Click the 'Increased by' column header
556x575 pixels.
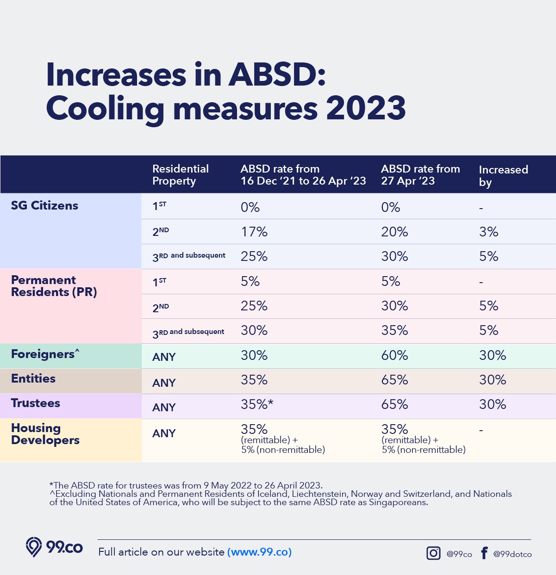(503, 175)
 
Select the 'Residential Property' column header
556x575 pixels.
(180, 175)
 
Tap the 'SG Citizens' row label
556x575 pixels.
(44, 205)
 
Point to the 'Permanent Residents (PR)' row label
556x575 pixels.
(54, 286)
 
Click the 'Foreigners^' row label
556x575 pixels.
(45, 354)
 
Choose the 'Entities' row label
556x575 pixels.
(33, 378)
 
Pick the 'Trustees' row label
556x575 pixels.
(36, 403)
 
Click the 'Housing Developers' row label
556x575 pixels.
(45, 434)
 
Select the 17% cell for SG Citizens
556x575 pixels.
(254, 232)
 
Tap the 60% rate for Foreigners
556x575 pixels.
(394, 355)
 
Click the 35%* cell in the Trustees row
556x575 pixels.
(257, 404)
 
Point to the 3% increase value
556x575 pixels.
(488, 232)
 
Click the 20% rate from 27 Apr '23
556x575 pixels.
(394, 232)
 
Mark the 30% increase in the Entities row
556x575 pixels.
(493, 380)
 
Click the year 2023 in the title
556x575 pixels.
(366, 108)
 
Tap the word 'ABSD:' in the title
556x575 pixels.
(277, 75)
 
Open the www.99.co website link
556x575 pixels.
(259, 552)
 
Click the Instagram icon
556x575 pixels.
(433, 553)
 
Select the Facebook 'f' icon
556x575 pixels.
(484, 553)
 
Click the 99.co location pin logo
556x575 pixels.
(34, 547)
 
